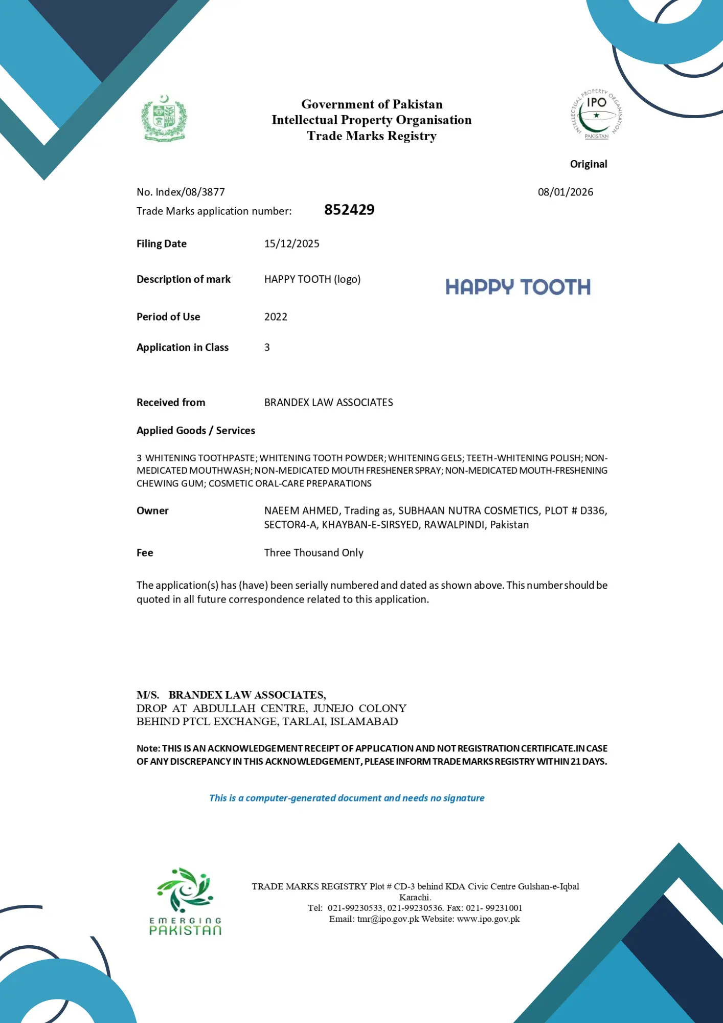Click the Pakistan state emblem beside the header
pyautogui.click(x=164, y=118)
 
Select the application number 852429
pyautogui.click(x=349, y=210)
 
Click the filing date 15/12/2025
pyautogui.click(x=291, y=243)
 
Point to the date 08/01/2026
pyautogui.click(x=565, y=192)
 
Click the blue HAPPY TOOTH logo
pyautogui.click(x=517, y=287)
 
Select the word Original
pyautogui.click(x=589, y=164)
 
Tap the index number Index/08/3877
pyautogui.click(x=190, y=192)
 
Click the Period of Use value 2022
pyautogui.click(x=276, y=317)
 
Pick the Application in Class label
pyautogui.click(x=183, y=347)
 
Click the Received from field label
pyautogui.click(x=171, y=403)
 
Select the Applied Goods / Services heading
pyautogui.click(x=195, y=431)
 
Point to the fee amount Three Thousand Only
pyautogui.click(x=313, y=552)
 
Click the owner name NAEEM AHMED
pyautogui.click(x=301, y=510)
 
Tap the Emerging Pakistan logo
pyautogui.click(x=185, y=901)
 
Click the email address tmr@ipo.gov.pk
pyautogui.click(x=388, y=919)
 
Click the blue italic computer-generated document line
pyautogui.click(x=347, y=798)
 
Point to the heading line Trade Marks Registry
pyautogui.click(x=372, y=136)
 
